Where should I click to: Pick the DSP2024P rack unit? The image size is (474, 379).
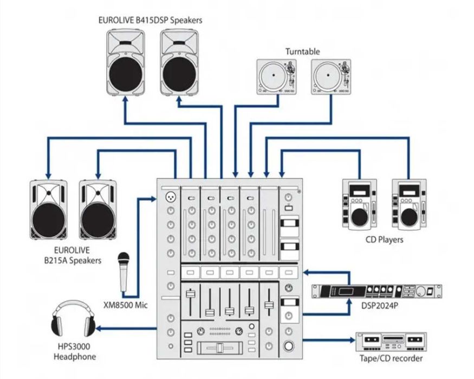click(x=377, y=291)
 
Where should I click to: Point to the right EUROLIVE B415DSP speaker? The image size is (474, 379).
click(x=180, y=61)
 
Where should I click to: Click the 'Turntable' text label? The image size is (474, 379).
click(x=303, y=51)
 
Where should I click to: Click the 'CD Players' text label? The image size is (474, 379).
click(x=384, y=239)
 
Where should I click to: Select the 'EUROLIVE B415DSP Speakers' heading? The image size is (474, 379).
click(x=150, y=20)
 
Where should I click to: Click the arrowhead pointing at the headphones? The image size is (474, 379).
click(x=101, y=328)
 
